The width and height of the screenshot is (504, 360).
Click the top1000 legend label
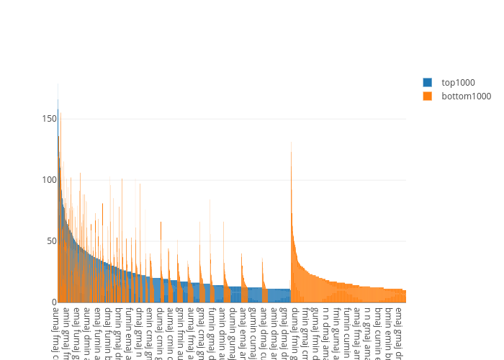point(459,83)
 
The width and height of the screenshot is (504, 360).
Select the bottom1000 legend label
point(466,96)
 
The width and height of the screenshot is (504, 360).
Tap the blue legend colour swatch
point(428,83)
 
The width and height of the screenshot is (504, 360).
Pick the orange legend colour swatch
point(428,96)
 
